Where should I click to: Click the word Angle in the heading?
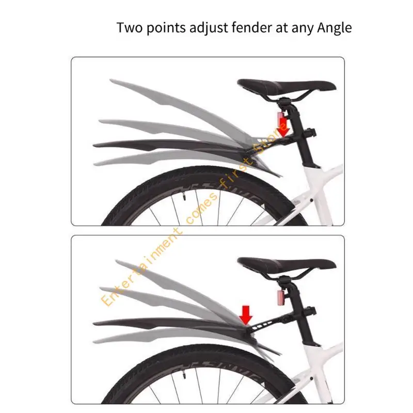click(334, 28)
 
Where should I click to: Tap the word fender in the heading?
click(251, 27)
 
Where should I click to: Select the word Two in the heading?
click(130, 27)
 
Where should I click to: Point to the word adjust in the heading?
click(209, 28)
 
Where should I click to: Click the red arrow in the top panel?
click(283, 127)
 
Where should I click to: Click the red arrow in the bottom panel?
click(246, 315)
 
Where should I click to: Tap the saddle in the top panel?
click(287, 87)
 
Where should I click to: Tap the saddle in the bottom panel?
click(287, 266)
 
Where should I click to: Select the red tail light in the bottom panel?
click(281, 297)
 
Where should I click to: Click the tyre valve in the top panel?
click(184, 196)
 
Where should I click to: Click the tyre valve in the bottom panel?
click(184, 375)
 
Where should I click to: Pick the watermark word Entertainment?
click(141, 268)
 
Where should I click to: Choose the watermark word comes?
click(202, 209)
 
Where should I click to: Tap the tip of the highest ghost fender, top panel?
click(110, 80)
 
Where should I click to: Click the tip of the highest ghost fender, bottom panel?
click(117, 262)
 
